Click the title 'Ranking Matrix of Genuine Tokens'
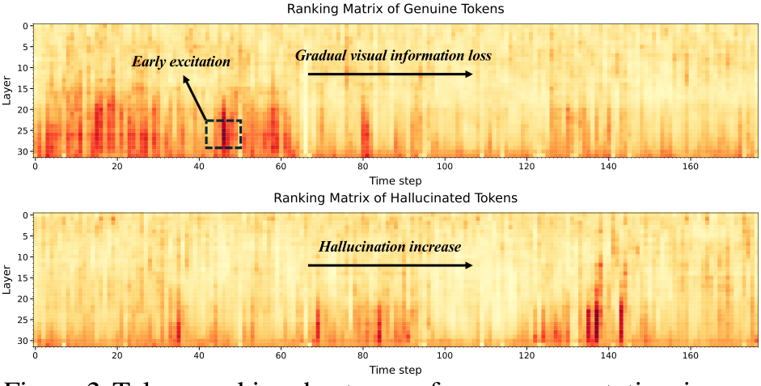[x=395, y=9]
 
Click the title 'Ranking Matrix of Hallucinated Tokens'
[x=395, y=198]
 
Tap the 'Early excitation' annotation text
[x=181, y=62]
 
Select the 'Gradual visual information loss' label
[x=393, y=56]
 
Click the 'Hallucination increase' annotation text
[x=389, y=247]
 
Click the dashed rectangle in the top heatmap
[x=223, y=134]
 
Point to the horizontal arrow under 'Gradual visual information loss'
[x=390, y=74]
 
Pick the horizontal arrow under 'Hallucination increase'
[x=390, y=265]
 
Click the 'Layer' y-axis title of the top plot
[x=7, y=90]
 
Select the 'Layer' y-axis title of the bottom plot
[x=7, y=280]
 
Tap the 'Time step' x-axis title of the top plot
[x=395, y=180]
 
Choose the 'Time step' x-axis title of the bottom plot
[x=395, y=370]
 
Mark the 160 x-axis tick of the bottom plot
[x=691, y=356]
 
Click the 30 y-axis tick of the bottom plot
[x=23, y=341]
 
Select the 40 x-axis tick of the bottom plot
[x=199, y=356]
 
